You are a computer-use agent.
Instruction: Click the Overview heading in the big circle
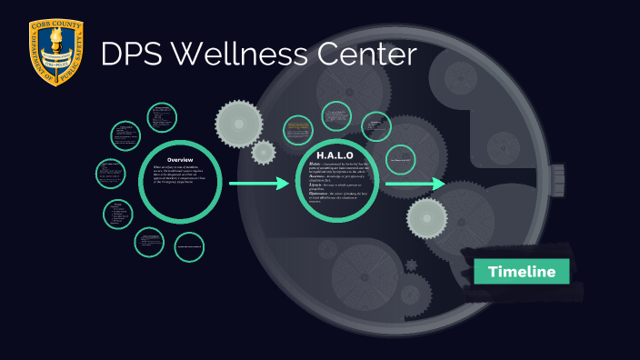[x=180, y=159]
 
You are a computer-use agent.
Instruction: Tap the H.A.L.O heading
[x=335, y=155]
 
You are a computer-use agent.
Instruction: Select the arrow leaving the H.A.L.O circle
[x=415, y=185]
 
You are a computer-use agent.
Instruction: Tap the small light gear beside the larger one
[x=264, y=152]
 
